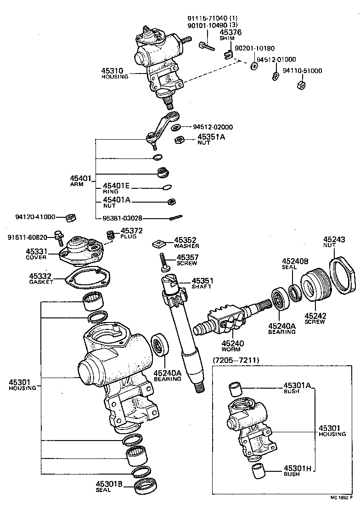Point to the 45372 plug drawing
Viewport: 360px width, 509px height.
(x=110, y=236)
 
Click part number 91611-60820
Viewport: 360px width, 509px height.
(x=27, y=237)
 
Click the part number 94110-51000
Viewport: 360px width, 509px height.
(x=302, y=71)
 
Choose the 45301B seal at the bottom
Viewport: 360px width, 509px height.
(x=146, y=486)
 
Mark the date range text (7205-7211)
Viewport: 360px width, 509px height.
(x=236, y=360)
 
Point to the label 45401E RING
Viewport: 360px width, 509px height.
(x=117, y=187)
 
